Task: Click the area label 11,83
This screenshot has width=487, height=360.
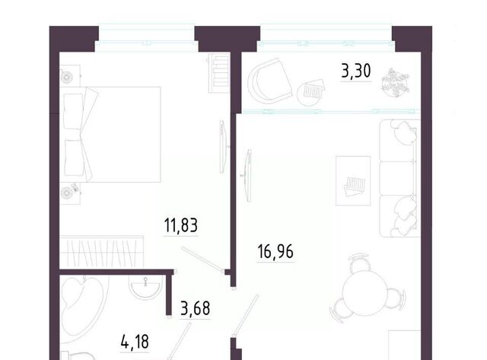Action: coord(181,225)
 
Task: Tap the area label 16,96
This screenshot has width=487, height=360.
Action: coord(275,251)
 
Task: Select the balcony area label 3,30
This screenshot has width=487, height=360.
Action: coord(356,71)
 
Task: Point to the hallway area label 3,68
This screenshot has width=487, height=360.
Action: coord(196,308)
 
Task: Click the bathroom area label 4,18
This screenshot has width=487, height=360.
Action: coord(135,342)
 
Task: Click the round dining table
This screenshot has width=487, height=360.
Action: coord(365,293)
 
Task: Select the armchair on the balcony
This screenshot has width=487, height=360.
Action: coord(269,81)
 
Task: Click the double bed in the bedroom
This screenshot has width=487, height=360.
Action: coord(110,134)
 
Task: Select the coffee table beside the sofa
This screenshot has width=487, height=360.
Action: coord(353,180)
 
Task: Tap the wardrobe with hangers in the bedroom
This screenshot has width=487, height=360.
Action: coord(101,252)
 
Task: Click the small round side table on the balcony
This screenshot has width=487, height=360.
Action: coord(310,94)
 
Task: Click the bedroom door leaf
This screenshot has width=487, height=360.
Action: coord(202,259)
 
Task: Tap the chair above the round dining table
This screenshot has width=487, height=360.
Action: coord(358,263)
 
